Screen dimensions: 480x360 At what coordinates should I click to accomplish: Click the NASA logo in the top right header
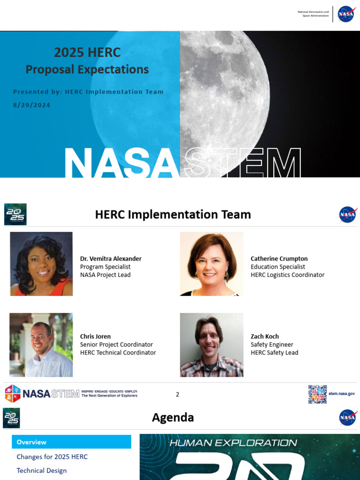(346, 14)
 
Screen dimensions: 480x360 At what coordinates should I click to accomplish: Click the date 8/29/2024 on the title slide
(31, 105)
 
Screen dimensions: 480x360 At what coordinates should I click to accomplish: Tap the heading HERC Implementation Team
(173, 215)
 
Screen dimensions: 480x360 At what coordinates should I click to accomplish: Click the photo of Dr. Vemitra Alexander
(41, 264)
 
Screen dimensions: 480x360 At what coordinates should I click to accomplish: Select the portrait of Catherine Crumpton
(211, 264)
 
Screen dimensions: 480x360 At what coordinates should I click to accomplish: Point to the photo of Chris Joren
(41, 345)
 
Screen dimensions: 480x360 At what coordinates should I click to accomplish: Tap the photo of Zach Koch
(211, 345)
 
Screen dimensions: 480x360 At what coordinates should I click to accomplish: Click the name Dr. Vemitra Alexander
(111, 259)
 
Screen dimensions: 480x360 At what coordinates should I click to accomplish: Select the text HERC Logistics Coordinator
(287, 275)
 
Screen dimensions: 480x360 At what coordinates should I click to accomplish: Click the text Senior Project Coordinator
(116, 345)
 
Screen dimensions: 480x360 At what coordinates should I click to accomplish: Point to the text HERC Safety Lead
(274, 352)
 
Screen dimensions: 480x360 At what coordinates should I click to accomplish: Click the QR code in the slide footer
(317, 394)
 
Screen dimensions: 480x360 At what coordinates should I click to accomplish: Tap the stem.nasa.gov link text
(341, 394)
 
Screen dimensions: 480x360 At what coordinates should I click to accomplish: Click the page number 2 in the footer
(178, 394)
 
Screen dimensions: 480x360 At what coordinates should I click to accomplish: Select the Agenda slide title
(173, 418)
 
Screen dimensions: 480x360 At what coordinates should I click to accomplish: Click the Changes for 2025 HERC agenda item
(52, 457)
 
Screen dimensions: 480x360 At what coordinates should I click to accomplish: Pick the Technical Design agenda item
(42, 471)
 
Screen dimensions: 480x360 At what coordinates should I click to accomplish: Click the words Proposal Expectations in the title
(87, 69)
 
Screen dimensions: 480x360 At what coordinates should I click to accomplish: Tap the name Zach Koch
(265, 337)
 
